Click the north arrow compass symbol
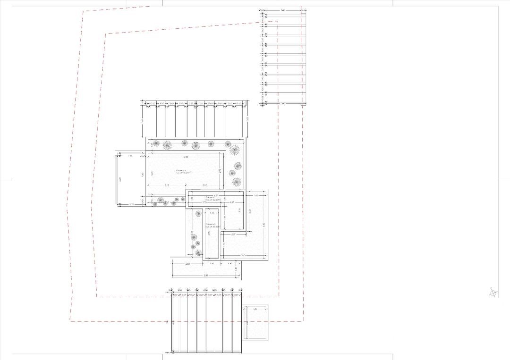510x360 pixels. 493,293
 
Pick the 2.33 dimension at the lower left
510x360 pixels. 132,204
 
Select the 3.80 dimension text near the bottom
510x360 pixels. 206,275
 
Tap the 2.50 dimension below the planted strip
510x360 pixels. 187,263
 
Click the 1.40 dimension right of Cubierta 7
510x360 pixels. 256,195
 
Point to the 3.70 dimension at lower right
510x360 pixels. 244,255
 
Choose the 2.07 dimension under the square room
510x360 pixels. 234,234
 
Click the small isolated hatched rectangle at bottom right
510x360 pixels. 256,323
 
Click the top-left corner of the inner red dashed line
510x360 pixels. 106,34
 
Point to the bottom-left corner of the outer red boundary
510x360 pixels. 70,321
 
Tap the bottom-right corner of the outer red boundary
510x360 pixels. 303,321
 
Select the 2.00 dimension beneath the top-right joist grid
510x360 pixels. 283,103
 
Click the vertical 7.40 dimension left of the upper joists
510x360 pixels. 143,122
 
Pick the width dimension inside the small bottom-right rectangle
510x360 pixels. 255,310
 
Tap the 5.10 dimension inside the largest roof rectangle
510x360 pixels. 167,185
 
